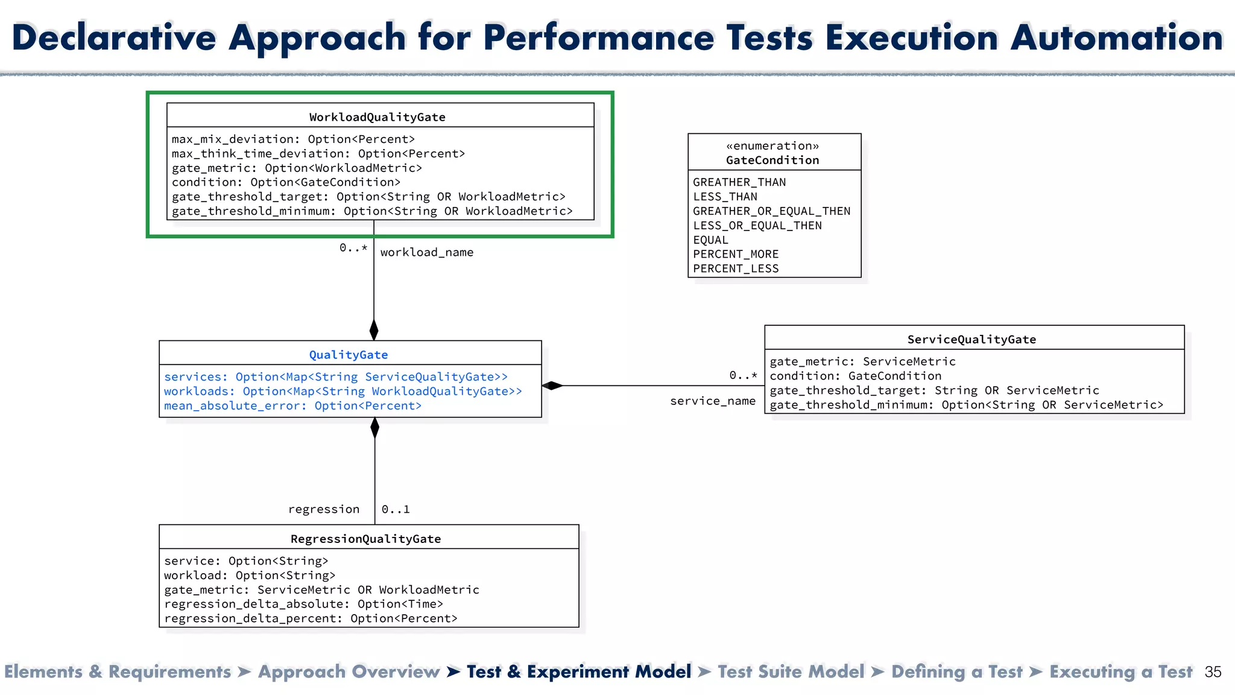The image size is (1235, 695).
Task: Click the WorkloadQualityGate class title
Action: click(x=377, y=117)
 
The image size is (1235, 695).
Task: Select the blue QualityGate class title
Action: click(x=349, y=355)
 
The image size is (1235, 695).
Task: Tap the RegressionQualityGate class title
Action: click(x=365, y=539)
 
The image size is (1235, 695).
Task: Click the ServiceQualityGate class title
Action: click(x=971, y=339)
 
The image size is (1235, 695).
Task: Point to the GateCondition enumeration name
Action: click(x=772, y=160)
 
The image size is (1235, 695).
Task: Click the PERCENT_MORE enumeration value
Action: click(x=736, y=254)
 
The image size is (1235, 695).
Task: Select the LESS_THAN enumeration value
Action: click(x=725, y=197)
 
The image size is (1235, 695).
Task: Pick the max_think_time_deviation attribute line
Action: click(x=318, y=153)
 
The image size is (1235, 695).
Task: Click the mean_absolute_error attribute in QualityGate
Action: click(x=292, y=405)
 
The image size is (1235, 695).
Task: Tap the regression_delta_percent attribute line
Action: click(x=311, y=618)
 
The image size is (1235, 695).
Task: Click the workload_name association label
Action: click(x=427, y=252)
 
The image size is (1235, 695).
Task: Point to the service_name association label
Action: click(x=713, y=401)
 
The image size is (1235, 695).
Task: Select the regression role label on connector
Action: click(x=324, y=509)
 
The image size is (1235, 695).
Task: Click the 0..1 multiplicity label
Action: click(x=396, y=509)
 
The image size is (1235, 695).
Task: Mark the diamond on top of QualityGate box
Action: click(x=374, y=330)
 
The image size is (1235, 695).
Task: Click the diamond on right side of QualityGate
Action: click(x=552, y=386)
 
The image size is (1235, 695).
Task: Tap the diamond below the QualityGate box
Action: click(x=374, y=428)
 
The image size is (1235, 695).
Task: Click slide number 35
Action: click(x=1213, y=672)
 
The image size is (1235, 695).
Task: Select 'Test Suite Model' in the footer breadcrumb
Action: click(x=791, y=671)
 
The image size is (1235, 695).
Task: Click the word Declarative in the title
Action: click(x=114, y=37)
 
